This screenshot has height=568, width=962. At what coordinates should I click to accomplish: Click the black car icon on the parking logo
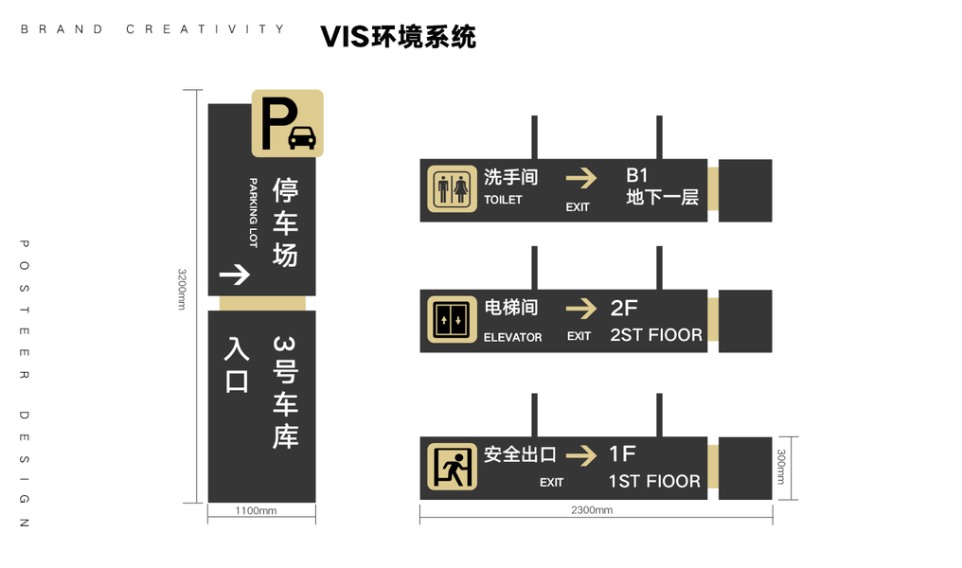[302, 137]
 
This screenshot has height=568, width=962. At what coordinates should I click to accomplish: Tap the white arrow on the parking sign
[235, 275]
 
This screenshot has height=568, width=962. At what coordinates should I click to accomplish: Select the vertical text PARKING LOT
[253, 213]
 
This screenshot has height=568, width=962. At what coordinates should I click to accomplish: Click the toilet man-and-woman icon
[453, 189]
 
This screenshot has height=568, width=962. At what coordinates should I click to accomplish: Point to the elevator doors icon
[453, 320]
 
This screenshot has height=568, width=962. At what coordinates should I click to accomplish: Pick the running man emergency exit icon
[453, 467]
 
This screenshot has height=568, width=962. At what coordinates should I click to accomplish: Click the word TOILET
[503, 200]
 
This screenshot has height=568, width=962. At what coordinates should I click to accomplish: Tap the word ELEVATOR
[513, 337]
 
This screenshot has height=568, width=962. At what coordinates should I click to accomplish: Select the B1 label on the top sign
[637, 175]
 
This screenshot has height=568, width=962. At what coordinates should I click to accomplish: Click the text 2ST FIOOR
[656, 335]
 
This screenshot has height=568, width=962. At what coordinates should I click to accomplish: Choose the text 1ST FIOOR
[654, 482]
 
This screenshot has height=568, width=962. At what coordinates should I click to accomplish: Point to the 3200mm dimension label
[182, 289]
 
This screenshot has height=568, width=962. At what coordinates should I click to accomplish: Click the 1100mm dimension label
[256, 510]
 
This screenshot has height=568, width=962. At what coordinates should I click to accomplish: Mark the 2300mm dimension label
[592, 509]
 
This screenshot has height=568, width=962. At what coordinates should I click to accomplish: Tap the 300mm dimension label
[781, 467]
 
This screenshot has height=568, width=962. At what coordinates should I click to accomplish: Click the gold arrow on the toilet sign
[581, 179]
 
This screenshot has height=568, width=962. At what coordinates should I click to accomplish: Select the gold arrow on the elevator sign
[581, 309]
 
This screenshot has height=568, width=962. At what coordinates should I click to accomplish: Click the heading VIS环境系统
[399, 37]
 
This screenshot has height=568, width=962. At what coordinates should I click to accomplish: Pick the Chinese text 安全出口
[520, 454]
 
